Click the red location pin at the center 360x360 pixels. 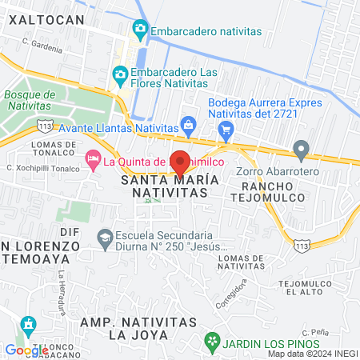[x=180, y=162]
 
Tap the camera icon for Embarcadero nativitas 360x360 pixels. [x=141, y=30]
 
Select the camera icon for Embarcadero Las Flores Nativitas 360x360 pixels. [x=120, y=75]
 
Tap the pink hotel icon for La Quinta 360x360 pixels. [x=93, y=161]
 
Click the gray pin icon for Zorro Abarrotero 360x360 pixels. [x=301, y=149]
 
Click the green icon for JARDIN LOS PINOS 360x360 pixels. [x=212, y=344]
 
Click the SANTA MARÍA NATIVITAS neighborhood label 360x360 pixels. [x=169, y=187]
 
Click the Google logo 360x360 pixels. [x=26, y=350]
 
